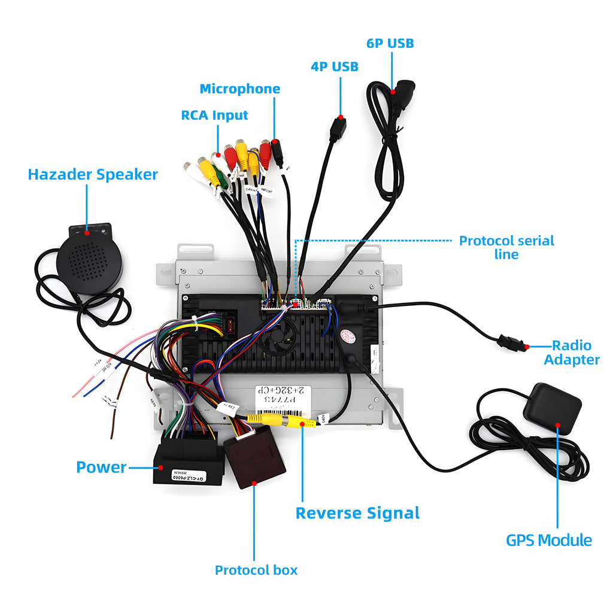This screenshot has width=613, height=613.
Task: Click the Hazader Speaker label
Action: click(93, 174)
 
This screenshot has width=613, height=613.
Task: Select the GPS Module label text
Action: click(549, 540)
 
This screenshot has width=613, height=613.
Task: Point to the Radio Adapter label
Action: click(572, 353)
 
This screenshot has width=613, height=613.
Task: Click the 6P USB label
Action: click(390, 43)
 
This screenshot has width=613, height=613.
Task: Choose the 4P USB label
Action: click(334, 66)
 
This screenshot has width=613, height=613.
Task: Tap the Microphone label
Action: click(239, 89)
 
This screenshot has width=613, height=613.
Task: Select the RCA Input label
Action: click(214, 115)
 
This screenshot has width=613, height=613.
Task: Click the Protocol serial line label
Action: click(506, 247)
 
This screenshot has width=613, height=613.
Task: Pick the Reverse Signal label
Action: click(357, 513)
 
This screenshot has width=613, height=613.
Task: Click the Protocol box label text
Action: click(256, 570)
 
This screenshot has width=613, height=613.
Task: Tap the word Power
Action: click(101, 467)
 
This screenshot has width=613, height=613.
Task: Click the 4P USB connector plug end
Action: click(338, 128)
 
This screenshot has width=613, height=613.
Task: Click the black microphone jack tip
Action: click(278, 153)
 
